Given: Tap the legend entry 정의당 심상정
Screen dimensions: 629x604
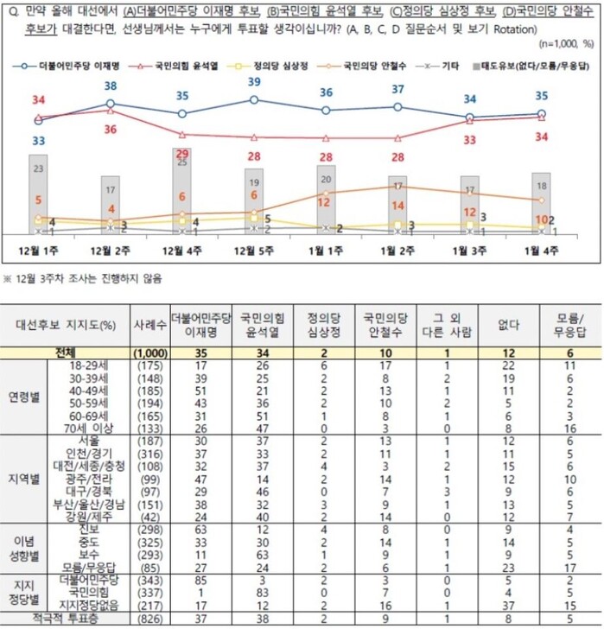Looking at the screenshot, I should (273, 65).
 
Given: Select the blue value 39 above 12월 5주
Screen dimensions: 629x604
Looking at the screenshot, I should (254, 82).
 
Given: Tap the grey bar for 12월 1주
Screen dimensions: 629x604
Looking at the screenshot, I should (38, 194).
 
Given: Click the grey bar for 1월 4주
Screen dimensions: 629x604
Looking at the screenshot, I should (541, 203).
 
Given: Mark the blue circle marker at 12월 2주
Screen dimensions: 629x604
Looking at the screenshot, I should (110, 104).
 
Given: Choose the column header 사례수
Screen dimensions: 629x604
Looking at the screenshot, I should (149, 325).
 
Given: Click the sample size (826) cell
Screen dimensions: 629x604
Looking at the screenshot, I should (149, 619).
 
